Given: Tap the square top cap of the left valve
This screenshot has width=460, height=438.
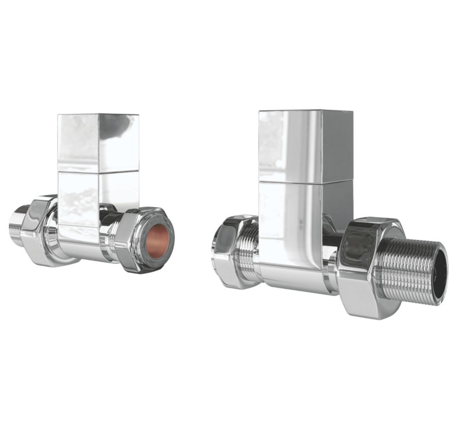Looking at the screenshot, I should coord(98,142).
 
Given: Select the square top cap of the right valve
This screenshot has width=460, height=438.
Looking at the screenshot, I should coord(305,146).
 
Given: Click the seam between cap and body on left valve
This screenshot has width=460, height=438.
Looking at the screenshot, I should coord(98,172).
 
